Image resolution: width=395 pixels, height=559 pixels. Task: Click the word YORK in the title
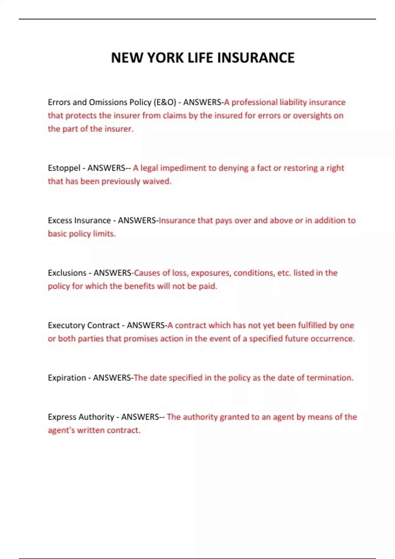click(166, 58)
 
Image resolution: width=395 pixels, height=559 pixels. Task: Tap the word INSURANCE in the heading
click(256, 58)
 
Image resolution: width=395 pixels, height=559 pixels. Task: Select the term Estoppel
click(64, 168)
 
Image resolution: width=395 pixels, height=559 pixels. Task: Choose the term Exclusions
click(67, 273)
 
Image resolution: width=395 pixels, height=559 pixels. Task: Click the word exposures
click(211, 273)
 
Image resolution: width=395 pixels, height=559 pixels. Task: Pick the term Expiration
click(67, 378)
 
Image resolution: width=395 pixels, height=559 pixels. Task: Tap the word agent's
click(61, 430)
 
